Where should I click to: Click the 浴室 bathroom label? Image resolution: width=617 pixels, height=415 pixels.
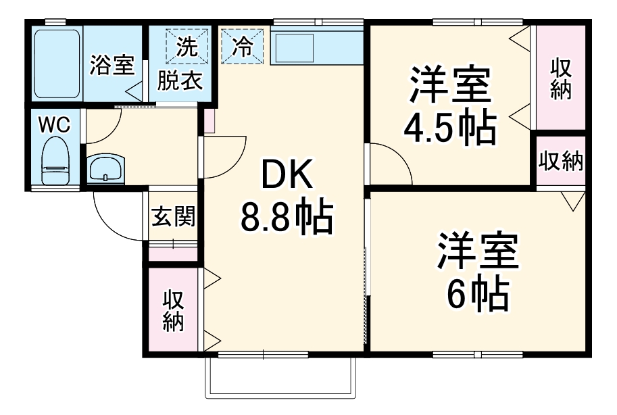[112, 66]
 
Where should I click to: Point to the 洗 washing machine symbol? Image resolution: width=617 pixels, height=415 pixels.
[184, 46]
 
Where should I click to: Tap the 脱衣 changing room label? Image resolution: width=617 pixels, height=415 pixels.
[180, 81]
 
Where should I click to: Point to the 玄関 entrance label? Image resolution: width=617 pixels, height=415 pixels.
[172, 216]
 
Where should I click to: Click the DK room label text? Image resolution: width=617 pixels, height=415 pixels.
[287, 178]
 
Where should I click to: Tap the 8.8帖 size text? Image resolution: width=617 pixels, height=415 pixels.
[286, 218]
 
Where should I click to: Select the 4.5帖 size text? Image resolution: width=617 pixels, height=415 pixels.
[449, 127]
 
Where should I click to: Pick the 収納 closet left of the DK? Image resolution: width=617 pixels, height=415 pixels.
[173, 310]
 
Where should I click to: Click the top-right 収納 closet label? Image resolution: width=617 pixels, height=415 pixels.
[561, 79]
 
